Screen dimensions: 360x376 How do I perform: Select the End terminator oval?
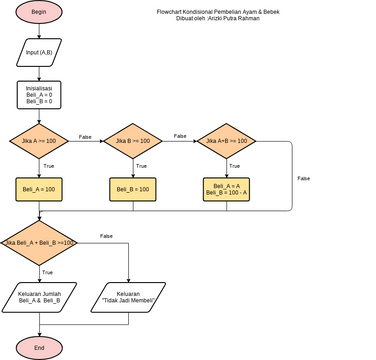39,347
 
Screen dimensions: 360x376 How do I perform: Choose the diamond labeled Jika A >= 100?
40,141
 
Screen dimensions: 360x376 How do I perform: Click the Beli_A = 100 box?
40,189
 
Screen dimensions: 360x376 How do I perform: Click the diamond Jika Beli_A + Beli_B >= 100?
40,243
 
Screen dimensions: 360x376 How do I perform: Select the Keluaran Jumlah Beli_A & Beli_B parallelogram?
40,297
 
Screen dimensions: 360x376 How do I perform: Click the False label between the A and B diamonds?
85,137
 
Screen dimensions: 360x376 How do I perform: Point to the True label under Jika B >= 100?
141,165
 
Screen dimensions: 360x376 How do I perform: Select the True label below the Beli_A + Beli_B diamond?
48,272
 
